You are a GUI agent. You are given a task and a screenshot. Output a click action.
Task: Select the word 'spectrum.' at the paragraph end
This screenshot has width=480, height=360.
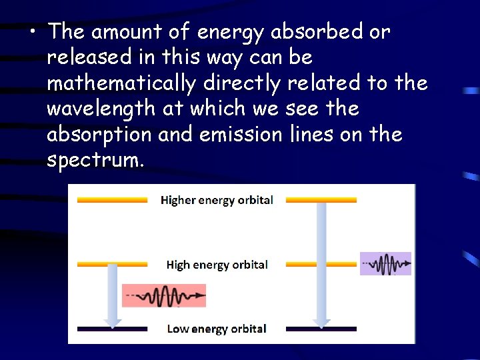[95, 160]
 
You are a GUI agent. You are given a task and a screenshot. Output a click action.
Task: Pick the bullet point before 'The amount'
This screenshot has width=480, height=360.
[33, 32]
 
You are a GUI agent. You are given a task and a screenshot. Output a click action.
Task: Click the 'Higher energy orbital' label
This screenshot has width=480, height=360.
[217, 200]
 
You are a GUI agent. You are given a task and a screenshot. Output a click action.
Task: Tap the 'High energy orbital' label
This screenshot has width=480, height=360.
[217, 265]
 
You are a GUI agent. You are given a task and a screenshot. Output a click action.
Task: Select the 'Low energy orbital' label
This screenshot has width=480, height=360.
[216, 329]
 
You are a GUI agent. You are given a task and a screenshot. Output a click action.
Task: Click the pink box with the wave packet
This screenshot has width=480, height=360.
[164, 295]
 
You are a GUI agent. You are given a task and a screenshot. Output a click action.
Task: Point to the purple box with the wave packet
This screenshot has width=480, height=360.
[385, 264]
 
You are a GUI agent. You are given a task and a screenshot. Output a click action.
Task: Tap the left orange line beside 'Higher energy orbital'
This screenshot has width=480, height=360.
[112, 200]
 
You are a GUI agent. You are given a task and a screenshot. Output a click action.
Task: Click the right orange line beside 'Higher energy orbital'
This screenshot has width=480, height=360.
[321, 200]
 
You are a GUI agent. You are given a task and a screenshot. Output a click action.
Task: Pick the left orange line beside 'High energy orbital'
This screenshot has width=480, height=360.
[112, 264]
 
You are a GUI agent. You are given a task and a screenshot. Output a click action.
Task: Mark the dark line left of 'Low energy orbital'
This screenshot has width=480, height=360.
[112, 329]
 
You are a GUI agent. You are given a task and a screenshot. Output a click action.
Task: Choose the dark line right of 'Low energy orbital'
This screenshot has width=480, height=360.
[321, 329]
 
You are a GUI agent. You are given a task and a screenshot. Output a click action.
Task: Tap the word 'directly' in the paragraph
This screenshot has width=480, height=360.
[237, 83]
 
